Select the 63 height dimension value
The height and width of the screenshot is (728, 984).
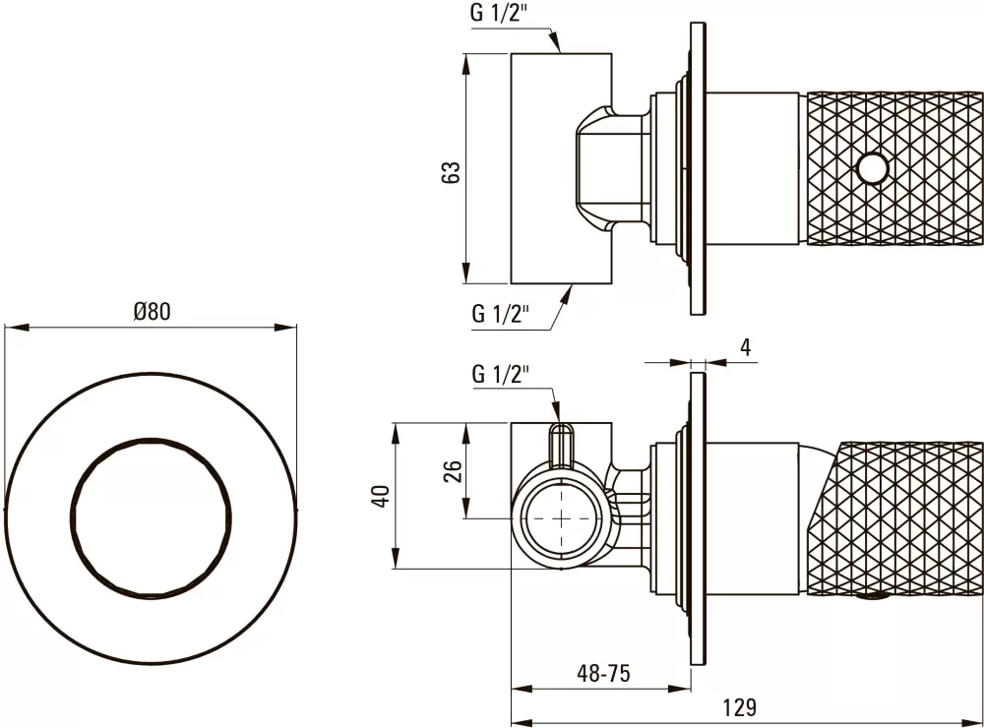[x=451, y=172]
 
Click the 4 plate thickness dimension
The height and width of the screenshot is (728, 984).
[x=745, y=346]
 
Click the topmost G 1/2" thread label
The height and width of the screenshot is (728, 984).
[x=502, y=15]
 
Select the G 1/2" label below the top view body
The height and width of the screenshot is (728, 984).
[x=502, y=314]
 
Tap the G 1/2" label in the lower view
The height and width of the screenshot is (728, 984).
[x=501, y=374]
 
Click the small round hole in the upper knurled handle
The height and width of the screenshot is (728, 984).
[x=870, y=169]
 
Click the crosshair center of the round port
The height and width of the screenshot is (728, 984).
[x=561, y=518]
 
